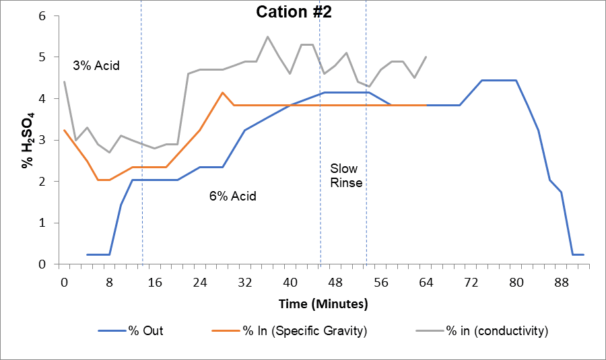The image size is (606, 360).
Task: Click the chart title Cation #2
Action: (294, 12)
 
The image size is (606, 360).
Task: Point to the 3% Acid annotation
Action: (96, 66)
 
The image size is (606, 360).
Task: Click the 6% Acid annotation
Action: (232, 196)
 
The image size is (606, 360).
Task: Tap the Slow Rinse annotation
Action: (346, 175)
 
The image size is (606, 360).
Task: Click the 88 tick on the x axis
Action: (561, 283)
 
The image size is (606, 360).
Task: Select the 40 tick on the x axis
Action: (290, 283)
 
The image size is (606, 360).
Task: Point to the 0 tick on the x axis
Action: (64, 283)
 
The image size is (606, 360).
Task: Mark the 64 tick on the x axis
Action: (426, 283)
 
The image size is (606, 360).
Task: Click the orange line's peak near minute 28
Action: (222, 92)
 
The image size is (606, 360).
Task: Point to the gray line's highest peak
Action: (267, 36)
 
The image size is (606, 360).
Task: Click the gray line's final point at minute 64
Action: (426, 57)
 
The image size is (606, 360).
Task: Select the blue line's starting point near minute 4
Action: (87, 254)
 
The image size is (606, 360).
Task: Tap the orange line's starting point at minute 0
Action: (64, 130)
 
